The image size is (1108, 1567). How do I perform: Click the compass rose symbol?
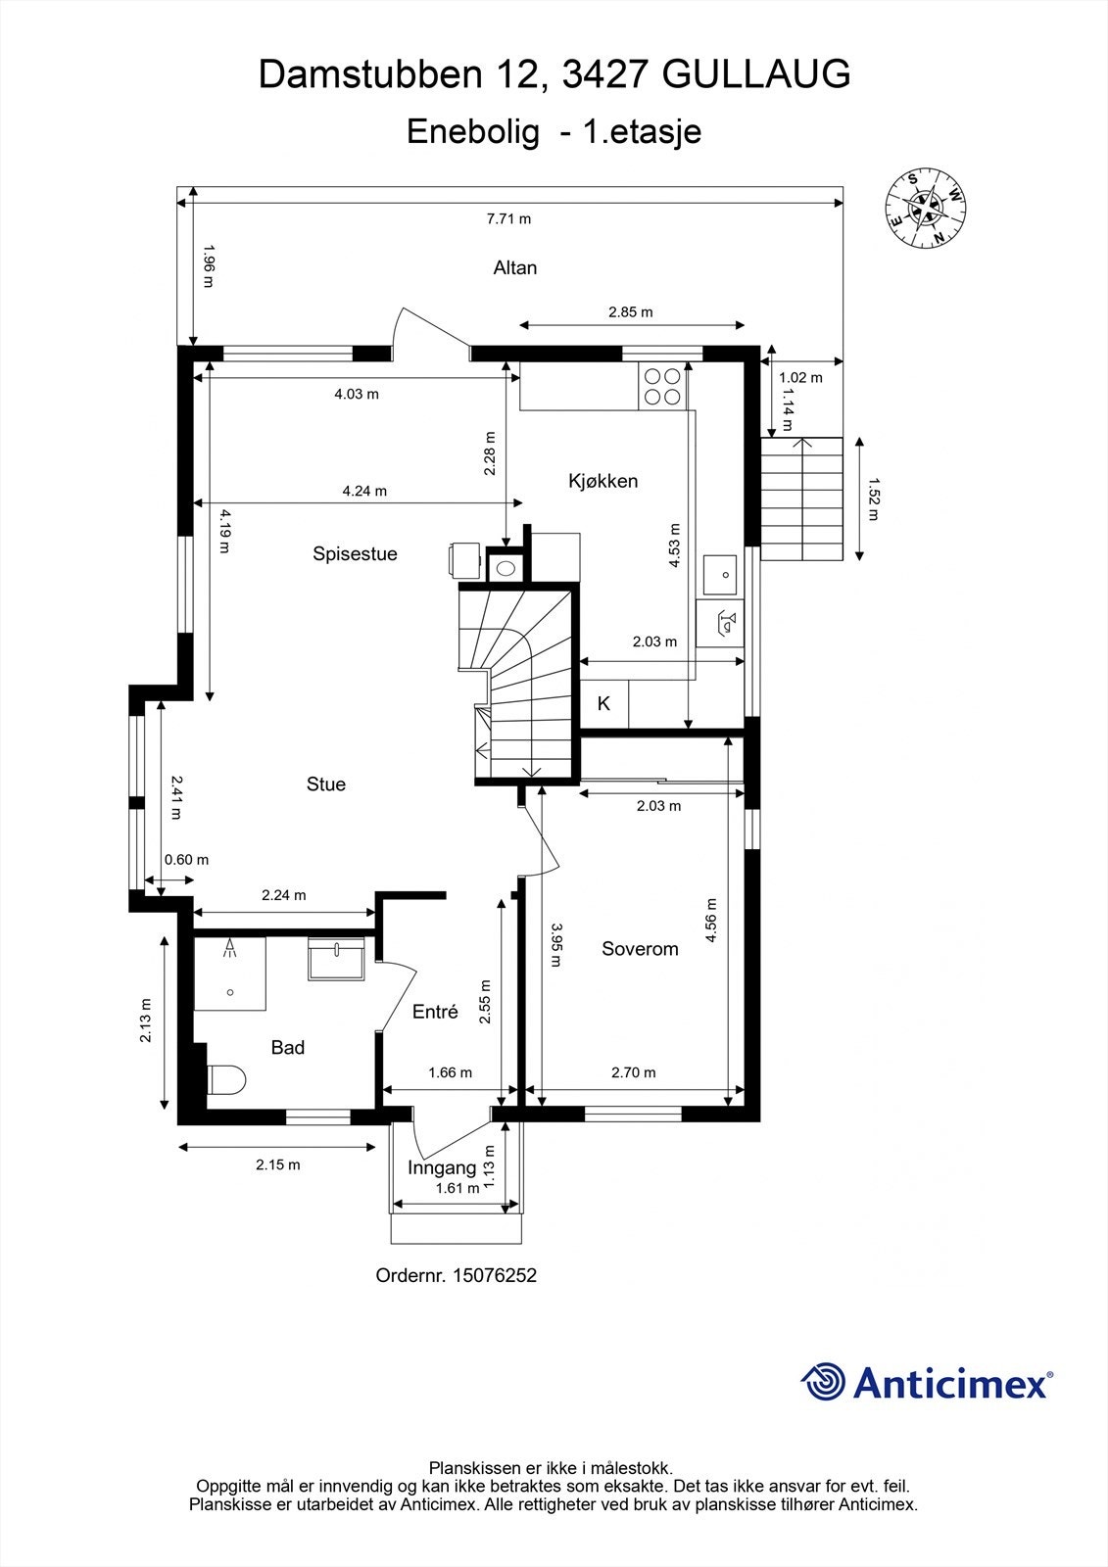pos(925,208)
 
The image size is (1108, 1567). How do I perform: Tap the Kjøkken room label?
pos(603,481)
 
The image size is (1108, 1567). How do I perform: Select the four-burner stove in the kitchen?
pos(662,385)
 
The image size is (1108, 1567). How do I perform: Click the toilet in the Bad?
pos(226,1080)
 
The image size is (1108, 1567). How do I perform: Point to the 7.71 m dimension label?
pos(508,218)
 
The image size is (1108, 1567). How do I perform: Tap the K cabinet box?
pos(604,704)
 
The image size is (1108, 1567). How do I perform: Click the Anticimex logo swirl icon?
pos(823,1383)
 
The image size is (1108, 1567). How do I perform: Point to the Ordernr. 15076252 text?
pos(457,1275)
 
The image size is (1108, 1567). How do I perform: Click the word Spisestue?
pos(355,554)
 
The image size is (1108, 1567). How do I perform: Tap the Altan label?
pos(515,268)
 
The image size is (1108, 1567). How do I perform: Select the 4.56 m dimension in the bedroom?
pos(711,921)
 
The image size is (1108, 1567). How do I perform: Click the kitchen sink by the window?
pos(720,574)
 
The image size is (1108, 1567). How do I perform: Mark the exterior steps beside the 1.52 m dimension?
pos(802,499)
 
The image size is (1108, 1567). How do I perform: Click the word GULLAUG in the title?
pos(756,74)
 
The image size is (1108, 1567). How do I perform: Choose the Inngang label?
pos(442,1167)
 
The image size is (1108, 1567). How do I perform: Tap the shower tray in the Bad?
pos(230,973)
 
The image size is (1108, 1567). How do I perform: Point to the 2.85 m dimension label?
pos(630,312)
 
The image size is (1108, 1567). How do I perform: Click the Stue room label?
pos(326,784)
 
